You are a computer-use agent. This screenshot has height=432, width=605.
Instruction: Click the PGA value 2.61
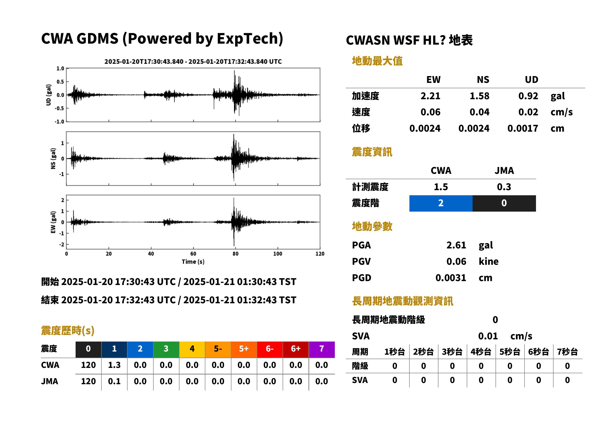(x=456, y=245)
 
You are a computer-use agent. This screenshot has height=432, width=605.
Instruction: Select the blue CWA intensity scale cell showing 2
(x=441, y=203)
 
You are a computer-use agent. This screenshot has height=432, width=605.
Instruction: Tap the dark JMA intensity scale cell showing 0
(x=504, y=203)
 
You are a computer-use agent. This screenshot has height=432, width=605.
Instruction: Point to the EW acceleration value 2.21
(x=430, y=96)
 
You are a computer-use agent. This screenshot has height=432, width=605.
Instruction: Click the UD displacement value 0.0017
(x=523, y=128)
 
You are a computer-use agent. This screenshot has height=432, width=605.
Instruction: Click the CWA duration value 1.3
(x=114, y=365)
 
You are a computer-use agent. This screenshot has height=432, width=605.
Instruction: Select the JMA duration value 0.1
(x=114, y=381)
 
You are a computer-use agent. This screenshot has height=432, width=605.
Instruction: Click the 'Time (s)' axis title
(x=193, y=262)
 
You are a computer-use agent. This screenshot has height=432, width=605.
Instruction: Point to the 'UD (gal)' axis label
(x=49, y=95)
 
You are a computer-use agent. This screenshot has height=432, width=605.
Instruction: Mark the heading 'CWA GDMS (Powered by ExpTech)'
(x=162, y=39)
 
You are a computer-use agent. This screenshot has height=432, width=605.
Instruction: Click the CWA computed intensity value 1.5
(x=441, y=187)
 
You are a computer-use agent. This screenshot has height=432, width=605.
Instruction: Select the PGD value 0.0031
(x=451, y=278)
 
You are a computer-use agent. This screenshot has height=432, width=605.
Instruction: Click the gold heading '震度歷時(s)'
(x=68, y=330)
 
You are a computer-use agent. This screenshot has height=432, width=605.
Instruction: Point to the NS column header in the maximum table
(x=483, y=79)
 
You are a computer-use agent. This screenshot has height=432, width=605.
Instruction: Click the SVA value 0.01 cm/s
(x=505, y=336)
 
